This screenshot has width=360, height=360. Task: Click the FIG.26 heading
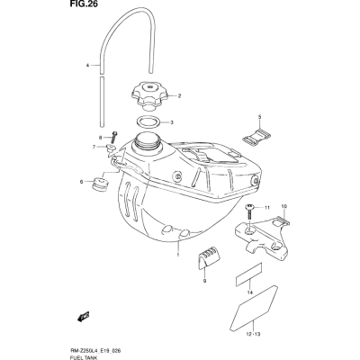pyautogui.click(x=79, y=4)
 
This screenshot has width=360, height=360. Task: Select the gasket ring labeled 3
pyautogui.click(x=148, y=122)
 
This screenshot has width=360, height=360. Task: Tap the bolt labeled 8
pyautogui.click(x=115, y=138)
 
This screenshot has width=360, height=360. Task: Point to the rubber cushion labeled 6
pyautogui.click(x=98, y=184)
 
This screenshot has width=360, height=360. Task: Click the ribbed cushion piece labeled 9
pyautogui.click(x=209, y=256)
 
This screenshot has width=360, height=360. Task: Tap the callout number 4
pyautogui.click(x=88, y=65)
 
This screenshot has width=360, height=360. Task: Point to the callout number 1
pyautogui.click(x=178, y=255)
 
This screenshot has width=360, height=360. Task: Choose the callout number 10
pyautogui.click(x=284, y=206)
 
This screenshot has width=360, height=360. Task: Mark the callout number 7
pyautogui.click(x=94, y=147)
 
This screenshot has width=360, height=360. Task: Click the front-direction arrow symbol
pyautogui.click(x=83, y=316)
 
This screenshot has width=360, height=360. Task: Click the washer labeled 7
pyautogui.click(x=112, y=148)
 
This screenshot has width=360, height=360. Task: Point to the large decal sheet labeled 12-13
pyautogui.click(x=254, y=307)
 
